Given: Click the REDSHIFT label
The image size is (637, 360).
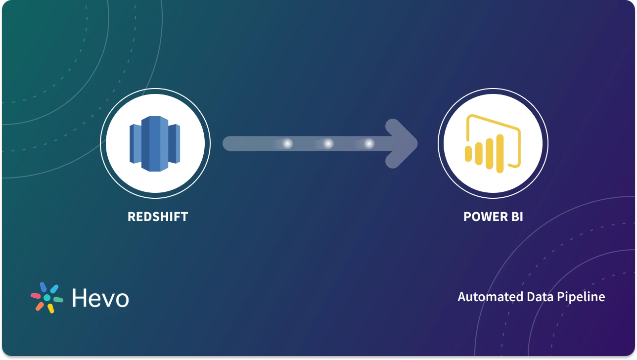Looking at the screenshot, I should click(158, 217).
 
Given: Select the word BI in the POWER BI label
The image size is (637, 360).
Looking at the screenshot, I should click(517, 217).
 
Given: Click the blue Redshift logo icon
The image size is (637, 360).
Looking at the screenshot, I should click(155, 144).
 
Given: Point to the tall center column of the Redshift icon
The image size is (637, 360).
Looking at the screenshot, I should click(155, 144).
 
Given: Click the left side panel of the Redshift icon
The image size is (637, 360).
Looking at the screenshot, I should click(136, 143).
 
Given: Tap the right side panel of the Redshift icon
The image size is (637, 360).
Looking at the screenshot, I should click(174, 143).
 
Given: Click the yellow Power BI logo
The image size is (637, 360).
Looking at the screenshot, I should click(493, 144).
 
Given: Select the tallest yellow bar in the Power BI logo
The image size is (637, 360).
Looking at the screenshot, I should click(500, 153).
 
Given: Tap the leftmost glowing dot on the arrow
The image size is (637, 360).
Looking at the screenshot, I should click(287, 144).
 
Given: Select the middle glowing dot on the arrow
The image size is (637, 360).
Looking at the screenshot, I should click(328, 144).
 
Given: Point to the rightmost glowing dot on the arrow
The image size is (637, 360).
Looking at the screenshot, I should click(369, 144).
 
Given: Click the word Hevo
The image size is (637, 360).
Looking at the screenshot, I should click(100, 298).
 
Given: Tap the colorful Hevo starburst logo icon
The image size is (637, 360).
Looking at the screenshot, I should click(47, 298).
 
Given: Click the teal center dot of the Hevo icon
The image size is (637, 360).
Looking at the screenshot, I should click(47, 298).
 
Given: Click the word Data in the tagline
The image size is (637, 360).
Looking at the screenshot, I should click(541, 297).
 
